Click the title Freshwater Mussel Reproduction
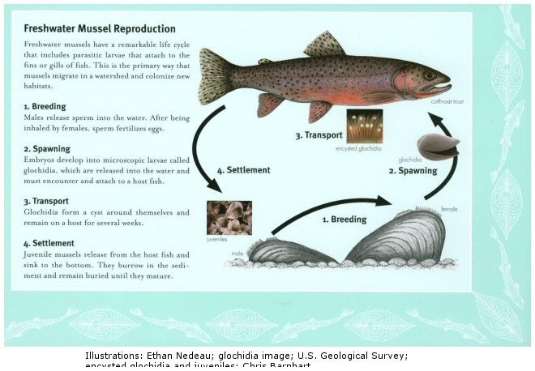pos(100,28)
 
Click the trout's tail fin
pos(216,76)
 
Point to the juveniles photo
pos(229,218)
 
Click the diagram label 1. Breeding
pos(345,219)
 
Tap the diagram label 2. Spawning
pos(412,171)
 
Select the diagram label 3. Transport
pos(319,134)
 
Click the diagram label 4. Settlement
pos(243,170)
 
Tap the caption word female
pos(449,209)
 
